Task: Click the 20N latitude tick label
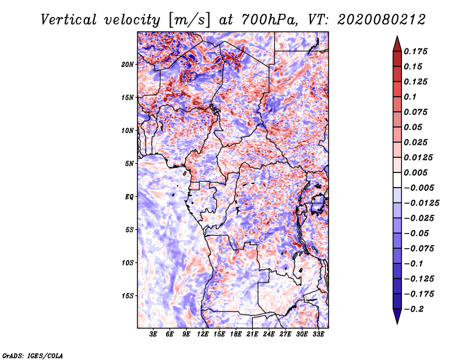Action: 128,64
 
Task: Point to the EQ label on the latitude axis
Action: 129,196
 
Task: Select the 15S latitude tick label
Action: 128,296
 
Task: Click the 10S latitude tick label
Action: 128,263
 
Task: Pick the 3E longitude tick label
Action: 154,335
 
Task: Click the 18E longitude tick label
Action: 236,335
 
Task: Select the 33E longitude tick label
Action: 318,335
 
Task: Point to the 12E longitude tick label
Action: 203,335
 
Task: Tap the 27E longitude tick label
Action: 285,335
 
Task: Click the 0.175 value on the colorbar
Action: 417,51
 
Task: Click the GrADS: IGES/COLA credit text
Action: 32,354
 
